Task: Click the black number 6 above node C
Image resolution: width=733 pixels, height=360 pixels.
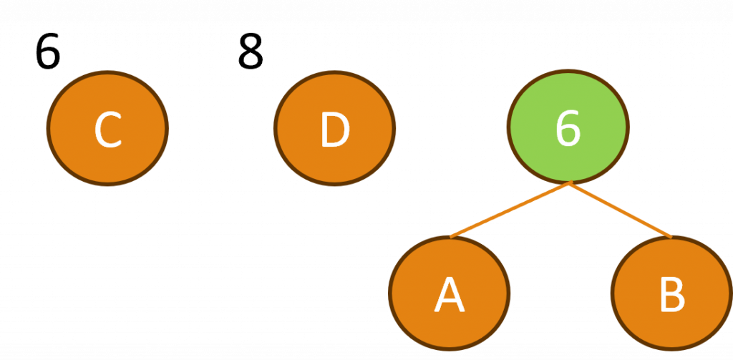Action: (x=48, y=52)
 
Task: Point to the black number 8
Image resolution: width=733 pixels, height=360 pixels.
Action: (x=251, y=52)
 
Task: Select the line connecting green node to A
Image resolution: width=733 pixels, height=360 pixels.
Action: (x=510, y=209)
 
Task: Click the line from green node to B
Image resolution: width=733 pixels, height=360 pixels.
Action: (x=621, y=210)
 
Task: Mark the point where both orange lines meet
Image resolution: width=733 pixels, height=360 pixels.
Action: (x=570, y=184)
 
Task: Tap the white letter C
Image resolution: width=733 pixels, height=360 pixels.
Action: (x=107, y=130)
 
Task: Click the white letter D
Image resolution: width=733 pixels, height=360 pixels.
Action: (x=334, y=130)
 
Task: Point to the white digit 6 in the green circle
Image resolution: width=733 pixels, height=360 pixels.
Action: (x=568, y=129)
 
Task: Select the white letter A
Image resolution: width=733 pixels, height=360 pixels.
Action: (x=449, y=294)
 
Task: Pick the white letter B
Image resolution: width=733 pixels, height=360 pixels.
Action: (x=671, y=293)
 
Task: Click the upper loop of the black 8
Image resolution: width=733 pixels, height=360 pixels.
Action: (x=251, y=43)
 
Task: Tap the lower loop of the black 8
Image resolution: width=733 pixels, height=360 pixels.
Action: (x=251, y=59)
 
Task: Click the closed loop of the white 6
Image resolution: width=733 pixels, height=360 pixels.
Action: (x=568, y=136)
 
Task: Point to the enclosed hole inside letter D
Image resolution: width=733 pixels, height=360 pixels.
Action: (x=335, y=130)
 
